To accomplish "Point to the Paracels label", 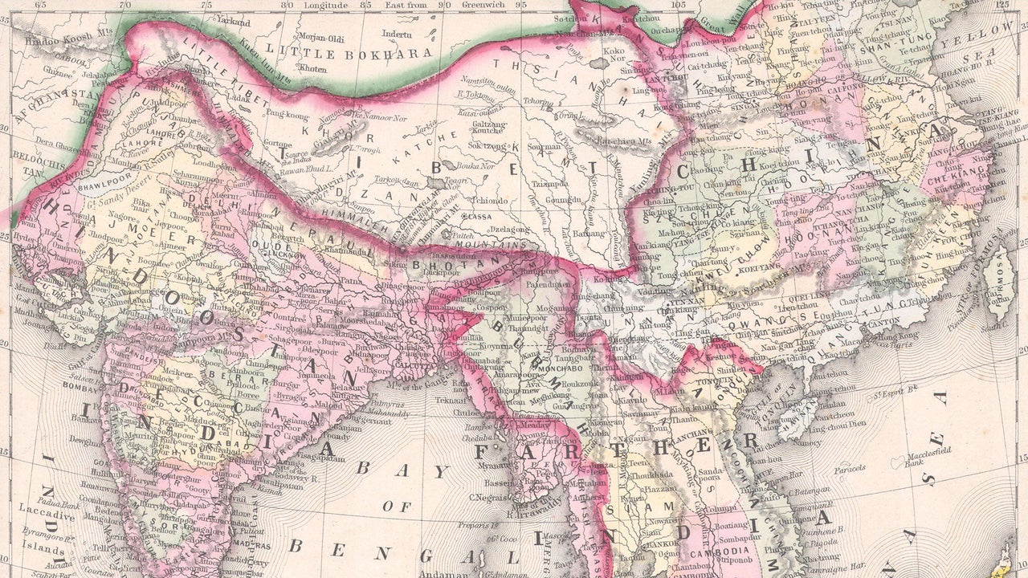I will [x=848, y=468].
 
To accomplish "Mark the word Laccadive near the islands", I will [x=43, y=515].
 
